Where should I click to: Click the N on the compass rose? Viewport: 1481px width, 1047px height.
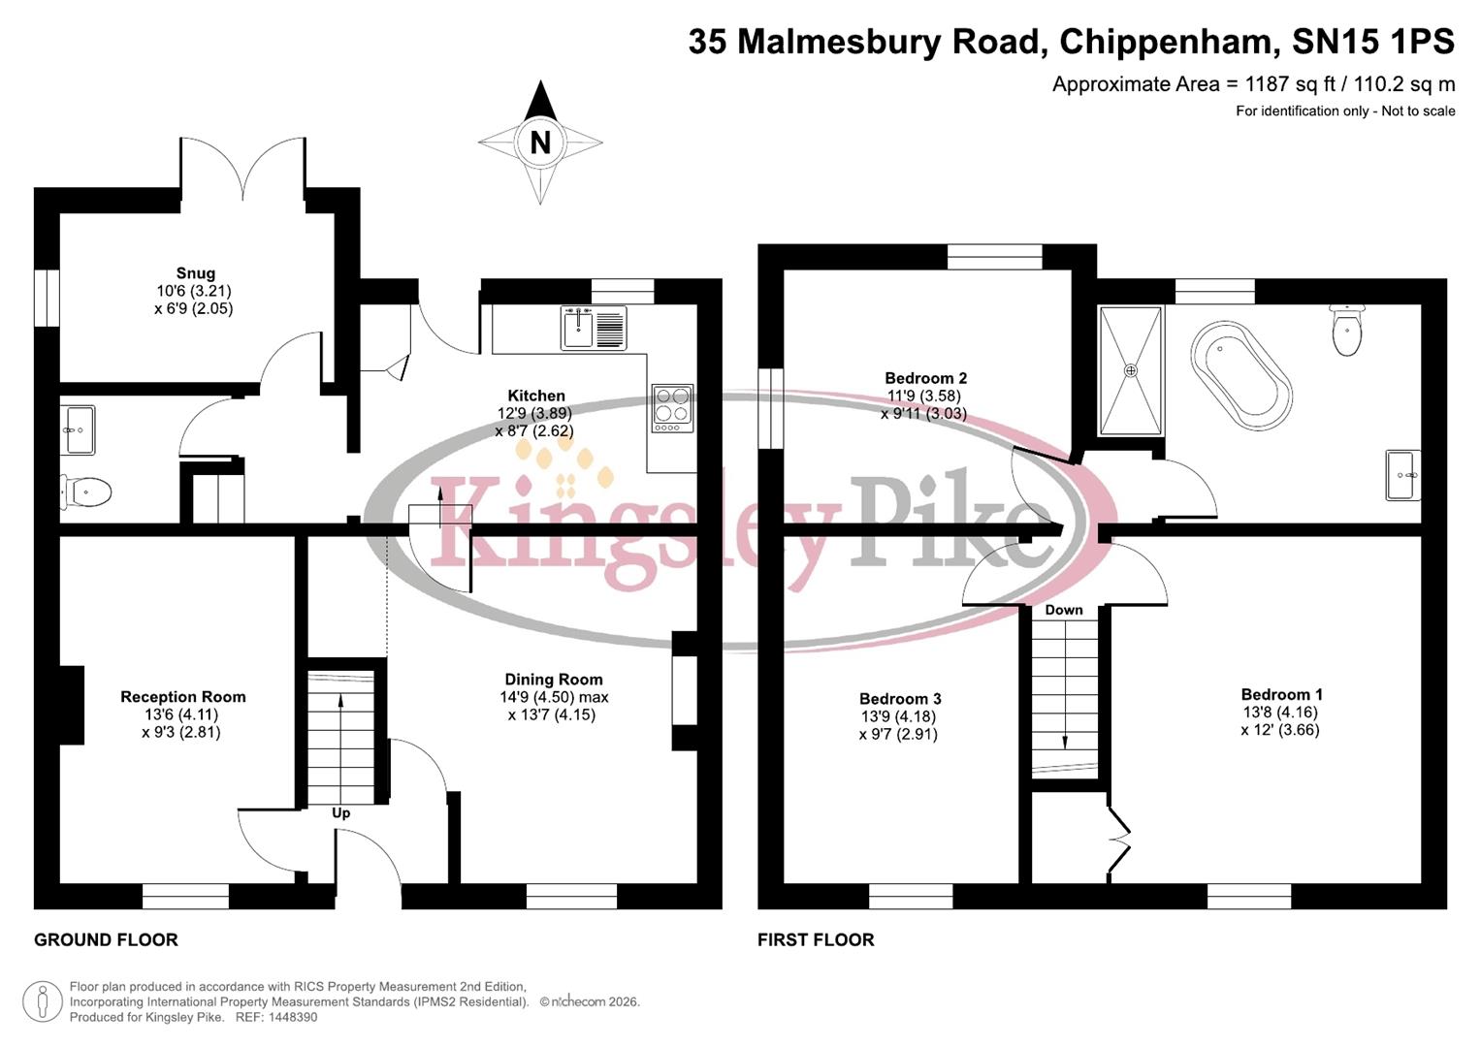(x=540, y=143)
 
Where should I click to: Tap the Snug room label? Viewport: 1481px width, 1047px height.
(x=195, y=273)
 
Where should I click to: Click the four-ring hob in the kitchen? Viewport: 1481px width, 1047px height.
(x=673, y=408)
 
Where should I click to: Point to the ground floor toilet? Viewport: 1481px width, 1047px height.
(x=86, y=492)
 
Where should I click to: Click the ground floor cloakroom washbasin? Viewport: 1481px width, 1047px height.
(x=78, y=429)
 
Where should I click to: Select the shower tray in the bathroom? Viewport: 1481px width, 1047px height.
(x=1130, y=370)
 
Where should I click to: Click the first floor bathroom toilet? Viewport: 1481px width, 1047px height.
(x=1348, y=332)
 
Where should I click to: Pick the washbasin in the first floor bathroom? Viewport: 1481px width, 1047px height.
(x=1402, y=475)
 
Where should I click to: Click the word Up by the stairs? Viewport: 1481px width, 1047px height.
(x=341, y=813)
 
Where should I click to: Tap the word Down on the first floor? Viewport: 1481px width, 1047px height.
(x=1064, y=610)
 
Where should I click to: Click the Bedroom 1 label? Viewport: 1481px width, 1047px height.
(x=1281, y=694)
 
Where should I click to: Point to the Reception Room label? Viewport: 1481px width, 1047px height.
(x=183, y=697)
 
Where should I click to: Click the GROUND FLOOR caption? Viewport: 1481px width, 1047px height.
(x=106, y=939)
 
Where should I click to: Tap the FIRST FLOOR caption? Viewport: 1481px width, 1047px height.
(x=816, y=939)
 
